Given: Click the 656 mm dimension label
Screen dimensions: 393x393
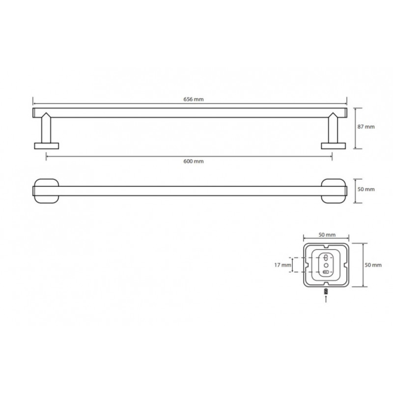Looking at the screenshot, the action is click(194, 99).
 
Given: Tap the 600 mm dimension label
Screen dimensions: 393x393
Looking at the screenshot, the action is click(194, 162).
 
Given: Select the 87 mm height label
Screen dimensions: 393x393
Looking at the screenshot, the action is click(366, 127).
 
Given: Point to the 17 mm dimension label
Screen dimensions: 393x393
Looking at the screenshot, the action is click(283, 265).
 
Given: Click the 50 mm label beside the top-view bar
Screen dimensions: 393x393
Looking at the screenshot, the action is click(366, 189).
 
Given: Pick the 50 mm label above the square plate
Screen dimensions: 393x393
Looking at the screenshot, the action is click(327, 235).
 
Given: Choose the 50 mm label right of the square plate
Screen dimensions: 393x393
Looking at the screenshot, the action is click(373, 265).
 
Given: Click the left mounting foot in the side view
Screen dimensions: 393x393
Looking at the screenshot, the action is click(46, 146).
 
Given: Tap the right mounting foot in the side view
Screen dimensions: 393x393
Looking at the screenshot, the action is click(334, 146).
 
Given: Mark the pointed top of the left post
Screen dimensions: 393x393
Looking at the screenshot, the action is click(46, 113).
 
